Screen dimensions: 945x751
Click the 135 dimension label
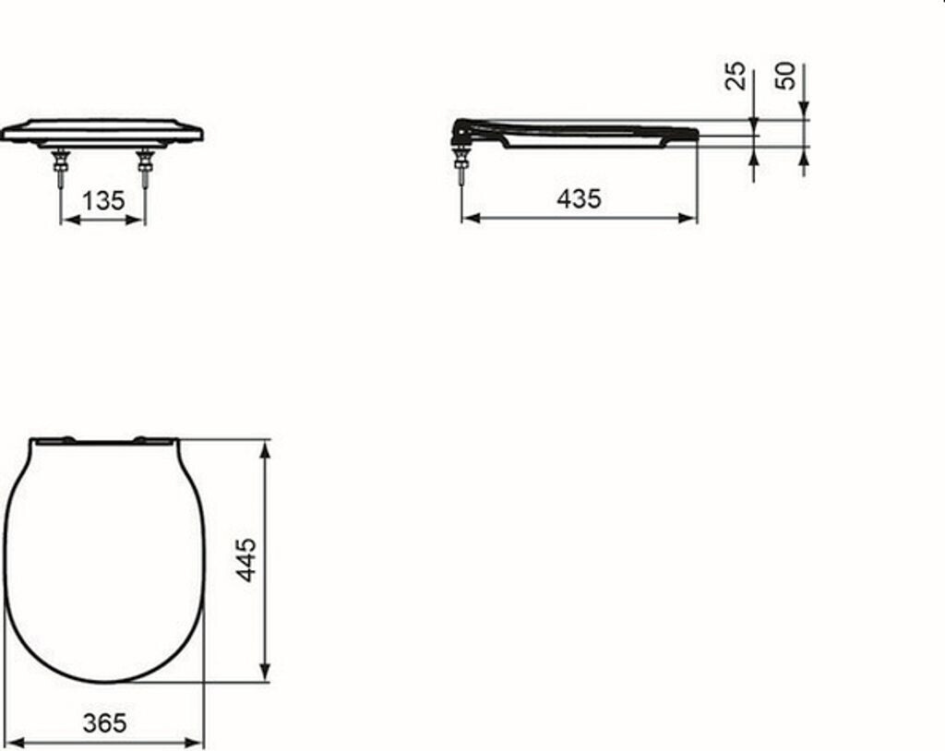103,201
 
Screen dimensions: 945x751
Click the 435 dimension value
579,198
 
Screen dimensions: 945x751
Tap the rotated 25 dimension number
735,76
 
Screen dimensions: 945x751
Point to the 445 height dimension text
245,560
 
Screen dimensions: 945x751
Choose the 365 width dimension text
105,722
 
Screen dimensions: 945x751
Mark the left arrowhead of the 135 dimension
70,220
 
